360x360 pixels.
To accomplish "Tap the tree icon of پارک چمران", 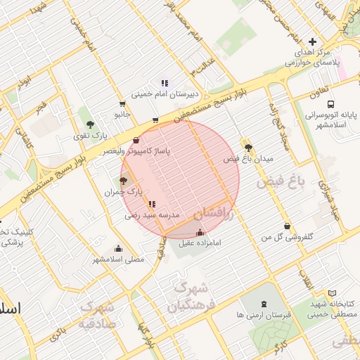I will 124,181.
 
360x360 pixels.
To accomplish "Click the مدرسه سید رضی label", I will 153,214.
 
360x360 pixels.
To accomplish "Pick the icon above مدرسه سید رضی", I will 153,205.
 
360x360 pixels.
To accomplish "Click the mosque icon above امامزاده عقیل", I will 200,233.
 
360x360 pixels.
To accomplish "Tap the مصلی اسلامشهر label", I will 118,259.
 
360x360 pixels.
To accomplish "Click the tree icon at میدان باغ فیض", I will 247,147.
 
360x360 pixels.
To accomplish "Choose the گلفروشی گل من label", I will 287,237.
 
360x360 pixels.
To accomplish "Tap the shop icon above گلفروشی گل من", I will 287,226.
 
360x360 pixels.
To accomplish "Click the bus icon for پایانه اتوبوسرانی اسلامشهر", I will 310,97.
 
